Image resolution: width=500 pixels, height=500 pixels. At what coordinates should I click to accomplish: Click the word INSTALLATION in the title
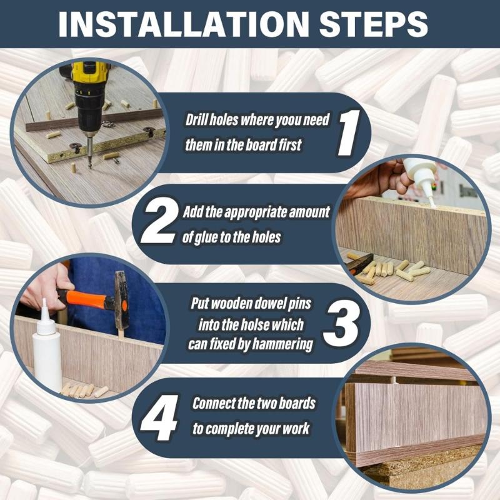184,24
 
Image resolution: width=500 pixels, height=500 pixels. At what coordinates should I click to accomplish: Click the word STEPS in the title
373,24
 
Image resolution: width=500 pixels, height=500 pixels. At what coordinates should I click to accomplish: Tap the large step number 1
349,132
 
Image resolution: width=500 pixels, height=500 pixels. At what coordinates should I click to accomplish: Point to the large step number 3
341,323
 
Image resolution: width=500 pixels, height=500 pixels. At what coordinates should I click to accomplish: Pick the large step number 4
159,417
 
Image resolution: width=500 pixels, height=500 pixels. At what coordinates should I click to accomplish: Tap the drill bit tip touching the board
90,167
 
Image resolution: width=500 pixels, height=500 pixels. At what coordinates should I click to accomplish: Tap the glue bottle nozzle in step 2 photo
431,199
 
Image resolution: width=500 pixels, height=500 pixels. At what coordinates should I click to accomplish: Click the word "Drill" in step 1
195,120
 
